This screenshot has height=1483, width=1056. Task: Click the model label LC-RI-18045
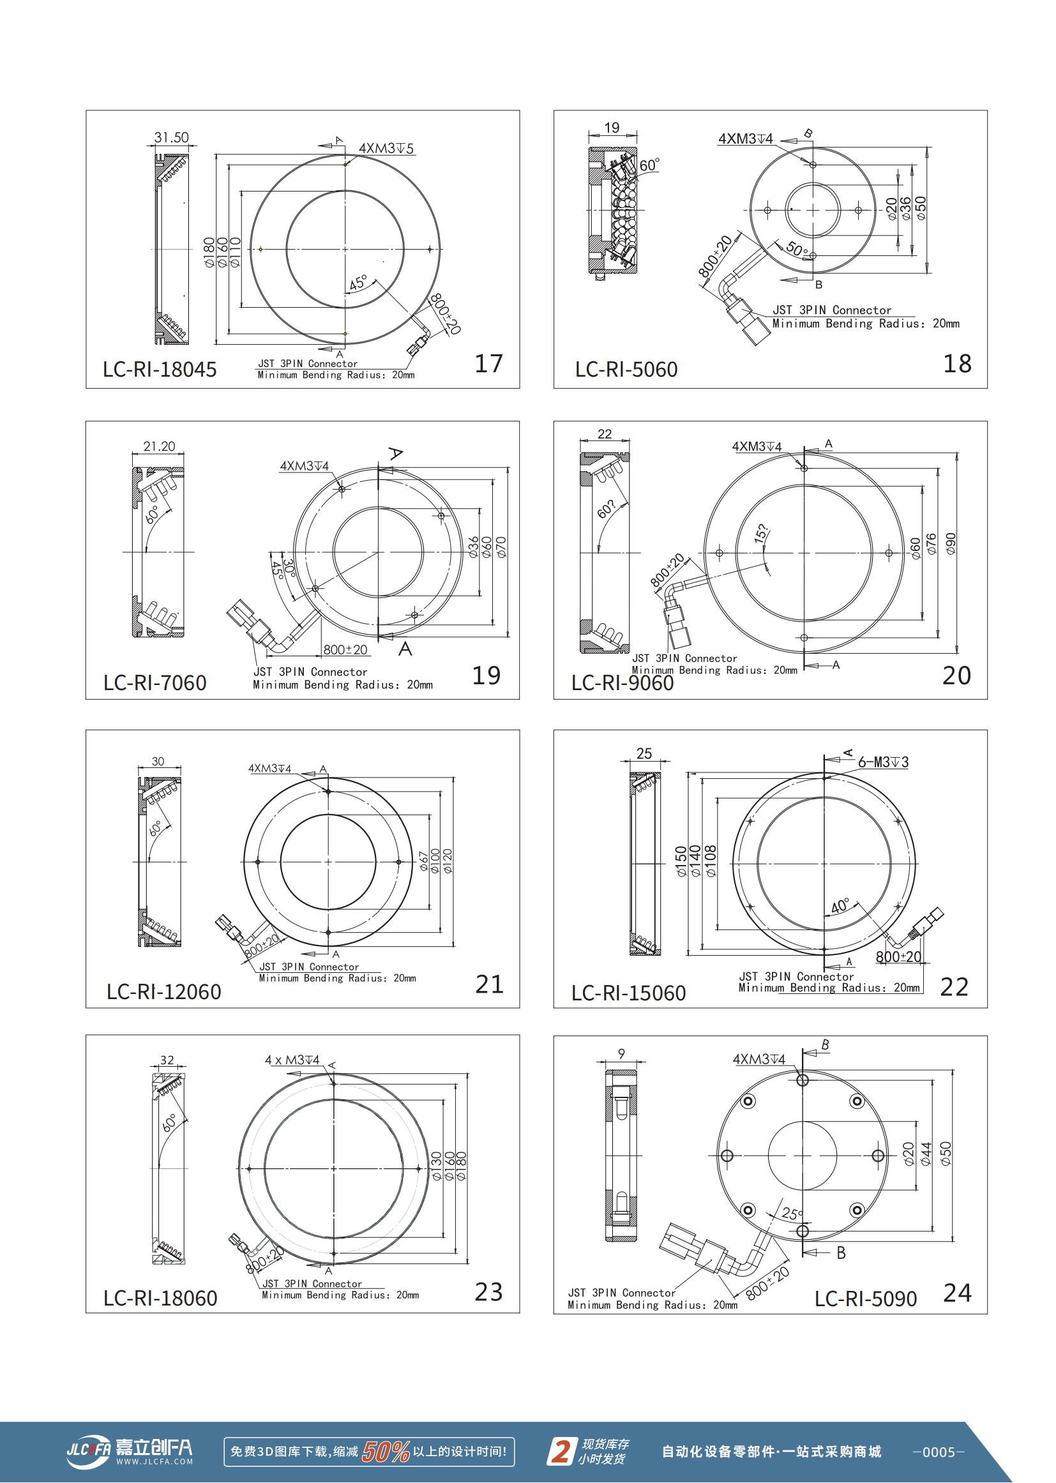pyautogui.click(x=160, y=369)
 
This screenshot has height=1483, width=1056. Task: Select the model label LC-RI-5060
pyautogui.click(x=626, y=369)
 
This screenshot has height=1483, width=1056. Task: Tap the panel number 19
pyautogui.click(x=487, y=675)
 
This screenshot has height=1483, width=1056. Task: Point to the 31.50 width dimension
pyautogui.click(x=171, y=137)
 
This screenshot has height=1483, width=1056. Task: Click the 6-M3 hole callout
pyautogui.click(x=883, y=762)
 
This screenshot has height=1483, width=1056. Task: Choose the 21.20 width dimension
pyautogui.click(x=160, y=446)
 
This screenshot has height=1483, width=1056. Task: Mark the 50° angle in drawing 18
pyautogui.click(x=797, y=248)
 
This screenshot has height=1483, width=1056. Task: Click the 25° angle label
pyautogui.click(x=792, y=1213)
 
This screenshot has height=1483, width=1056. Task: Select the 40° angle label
pyautogui.click(x=840, y=906)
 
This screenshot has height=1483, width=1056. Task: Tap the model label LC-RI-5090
pyautogui.click(x=866, y=1299)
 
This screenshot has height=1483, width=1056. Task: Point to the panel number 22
pyautogui.click(x=954, y=987)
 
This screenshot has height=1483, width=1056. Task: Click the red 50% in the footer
pyautogui.click(x=386, y=1451)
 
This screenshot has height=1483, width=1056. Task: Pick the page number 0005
pyautogui.click(x=939, y=1452)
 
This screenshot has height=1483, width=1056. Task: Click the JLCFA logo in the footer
pyautogui.click(x=130, y=1451)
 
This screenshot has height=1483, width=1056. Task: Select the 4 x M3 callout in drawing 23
pyautogui.click(x=292, y=1060)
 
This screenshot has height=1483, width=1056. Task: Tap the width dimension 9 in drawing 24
pyautogui.click(x=622, y=1053)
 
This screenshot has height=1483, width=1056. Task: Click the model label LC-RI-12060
pyautogui.click(x=164, y=991)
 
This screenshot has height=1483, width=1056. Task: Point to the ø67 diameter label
pyautogui.click(x=423, y=861)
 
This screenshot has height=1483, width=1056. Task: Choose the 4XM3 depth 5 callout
pyautogui.click(x=386, y=148)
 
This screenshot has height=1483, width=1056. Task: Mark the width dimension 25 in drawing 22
pyautogui.click(x=644, y=753)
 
